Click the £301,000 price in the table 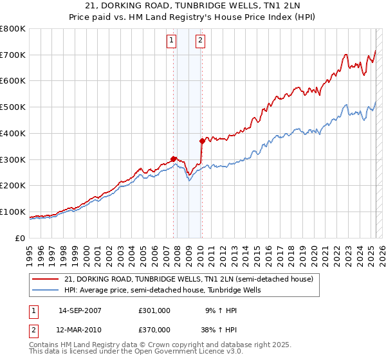tap(154, 310)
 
